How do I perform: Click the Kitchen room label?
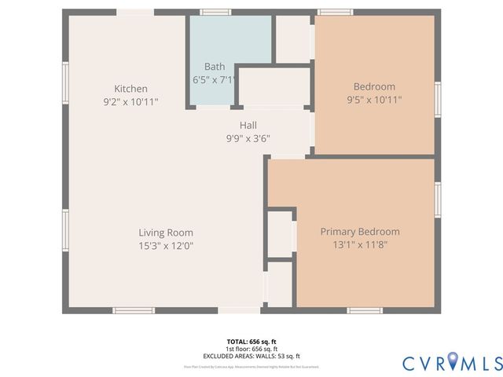tap(130, 89)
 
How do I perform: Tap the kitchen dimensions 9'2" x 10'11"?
tap(130, 101)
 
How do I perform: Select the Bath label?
tap(215, 67)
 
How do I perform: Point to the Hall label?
tap(248, 125)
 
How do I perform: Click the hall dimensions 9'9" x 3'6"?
tap(248, 138)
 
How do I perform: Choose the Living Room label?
tap(166, 232)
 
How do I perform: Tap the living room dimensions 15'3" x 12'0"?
tap(166, 246)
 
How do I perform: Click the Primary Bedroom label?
tap(360, 232)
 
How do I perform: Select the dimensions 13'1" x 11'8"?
tap(360, 245)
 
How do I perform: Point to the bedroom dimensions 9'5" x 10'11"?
tap(374, 100)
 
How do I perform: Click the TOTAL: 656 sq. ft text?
tap(251, 342)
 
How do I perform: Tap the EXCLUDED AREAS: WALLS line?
tap(251, 356)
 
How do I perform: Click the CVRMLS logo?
tap(452, 362)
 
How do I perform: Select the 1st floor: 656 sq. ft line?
tap(251, 349)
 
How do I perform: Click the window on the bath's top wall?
tap(215, 12)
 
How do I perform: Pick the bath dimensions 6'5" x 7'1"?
tap(215, 80)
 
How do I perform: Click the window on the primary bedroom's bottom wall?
tap(365, 310)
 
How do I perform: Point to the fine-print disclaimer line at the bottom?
tap(251, 367)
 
